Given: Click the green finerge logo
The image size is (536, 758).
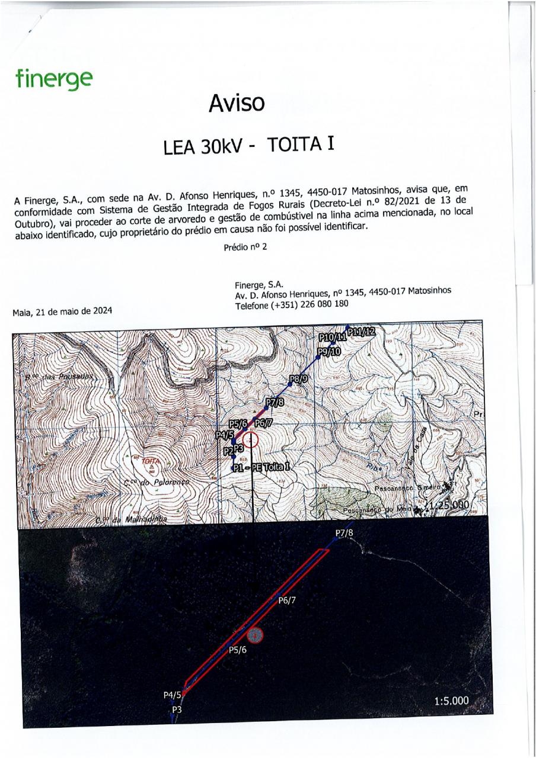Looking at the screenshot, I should point(54,79).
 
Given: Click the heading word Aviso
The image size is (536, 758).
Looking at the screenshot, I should point(236,104).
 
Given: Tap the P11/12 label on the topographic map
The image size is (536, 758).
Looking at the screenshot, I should point(362,331).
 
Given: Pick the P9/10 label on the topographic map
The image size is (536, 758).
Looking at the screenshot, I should point(328,352).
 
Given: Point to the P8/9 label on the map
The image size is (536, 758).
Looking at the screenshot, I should point(299,378).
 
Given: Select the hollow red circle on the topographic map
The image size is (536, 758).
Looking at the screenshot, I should point(251,440).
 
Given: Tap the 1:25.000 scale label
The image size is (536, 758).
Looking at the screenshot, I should point(449,505).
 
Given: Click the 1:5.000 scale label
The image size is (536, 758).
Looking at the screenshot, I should point(451,701).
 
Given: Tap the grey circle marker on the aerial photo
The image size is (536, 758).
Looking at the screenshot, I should point(254,635).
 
